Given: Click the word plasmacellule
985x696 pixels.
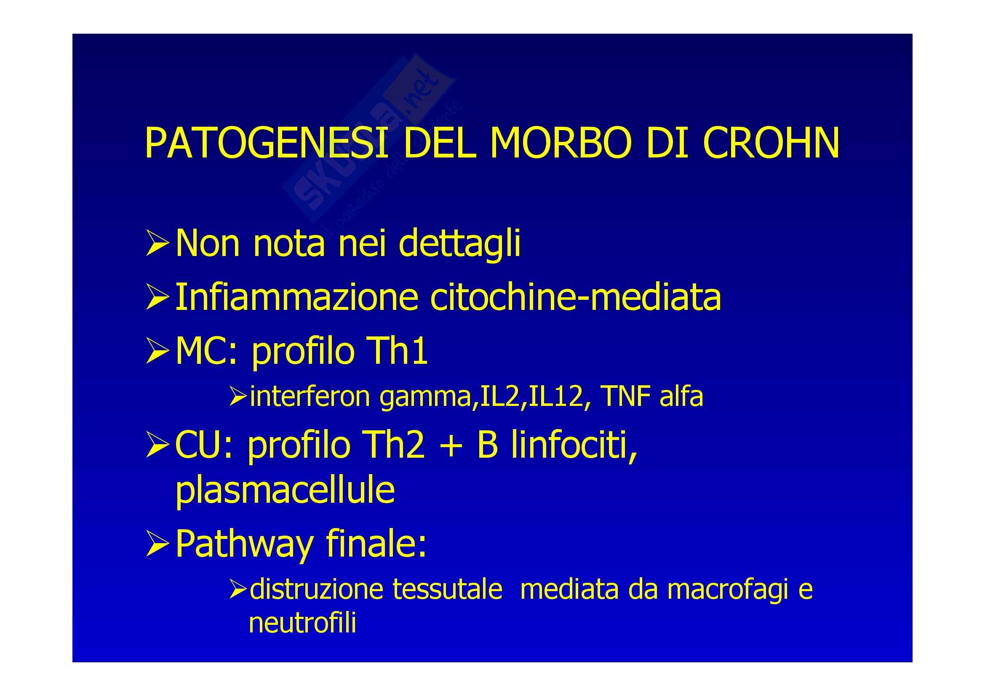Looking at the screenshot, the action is [x=285, y=491].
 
